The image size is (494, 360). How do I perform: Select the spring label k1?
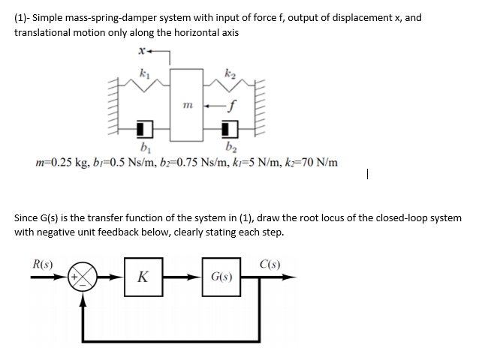[x=144, y=73]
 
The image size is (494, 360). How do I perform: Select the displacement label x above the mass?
[x=140, y=52]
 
